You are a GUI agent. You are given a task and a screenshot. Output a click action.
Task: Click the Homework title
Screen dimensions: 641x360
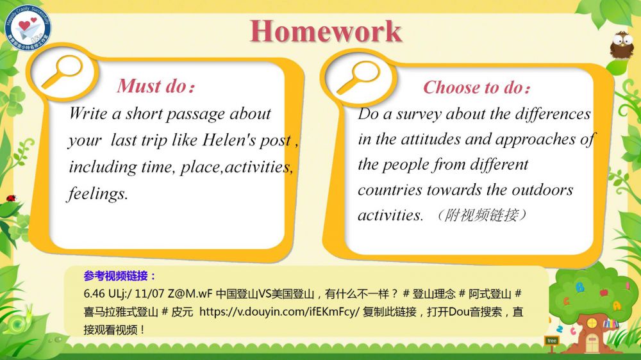326,31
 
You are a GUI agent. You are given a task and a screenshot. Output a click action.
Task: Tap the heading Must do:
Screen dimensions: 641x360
156,86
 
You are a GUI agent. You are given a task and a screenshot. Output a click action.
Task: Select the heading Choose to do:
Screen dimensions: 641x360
477,87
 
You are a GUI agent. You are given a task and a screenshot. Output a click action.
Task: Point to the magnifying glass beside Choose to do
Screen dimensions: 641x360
358,77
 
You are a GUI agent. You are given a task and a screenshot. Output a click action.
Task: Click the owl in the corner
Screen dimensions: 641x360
622,45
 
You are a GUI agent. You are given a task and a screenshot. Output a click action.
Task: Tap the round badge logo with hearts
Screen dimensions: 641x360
28,28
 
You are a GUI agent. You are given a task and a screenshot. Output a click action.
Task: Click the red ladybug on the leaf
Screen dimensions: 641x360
11,199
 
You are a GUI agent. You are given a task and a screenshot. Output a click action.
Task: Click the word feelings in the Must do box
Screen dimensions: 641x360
97,193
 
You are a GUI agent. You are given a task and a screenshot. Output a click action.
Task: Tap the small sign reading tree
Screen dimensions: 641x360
552,340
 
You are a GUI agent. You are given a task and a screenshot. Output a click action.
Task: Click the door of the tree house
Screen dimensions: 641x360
592,343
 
